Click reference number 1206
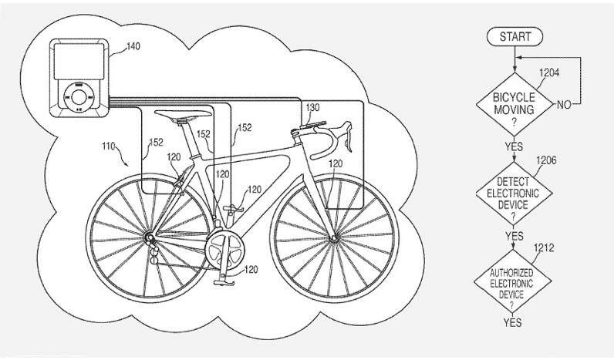pyautogui.click(x=545, y=160)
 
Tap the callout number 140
pyautogui.click(x=133, y=47)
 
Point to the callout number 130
pyautogui.click(x=312, y=107)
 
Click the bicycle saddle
pyautogui.click(x=183, y=115)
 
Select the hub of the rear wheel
pyautogui.click(x=147, y=235)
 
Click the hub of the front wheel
pyautogui.click(x=333, y=238)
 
